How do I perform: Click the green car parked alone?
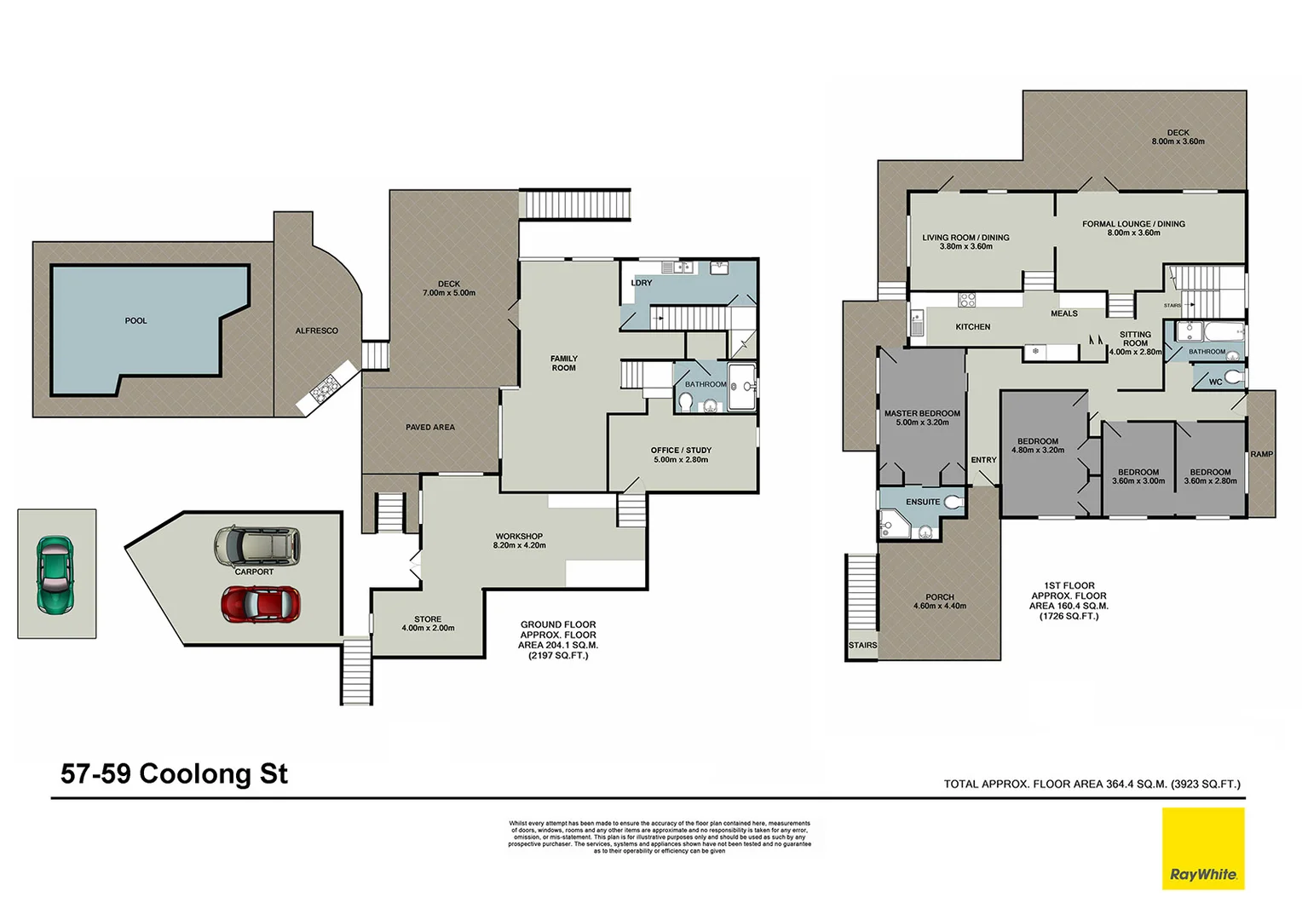[55, 575]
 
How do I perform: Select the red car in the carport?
[260, 604]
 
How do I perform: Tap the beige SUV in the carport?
[257, 546]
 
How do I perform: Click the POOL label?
[135, 321]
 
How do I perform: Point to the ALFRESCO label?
[316, 331]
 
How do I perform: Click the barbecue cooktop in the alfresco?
[325, 391]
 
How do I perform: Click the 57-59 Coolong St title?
[174, 773]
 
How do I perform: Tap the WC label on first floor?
[1215, 382]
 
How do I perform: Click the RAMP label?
[1261, 454]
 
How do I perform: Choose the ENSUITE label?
[922, 502]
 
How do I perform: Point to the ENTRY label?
[983, 460]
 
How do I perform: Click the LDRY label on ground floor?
[641, 283]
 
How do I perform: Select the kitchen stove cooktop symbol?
[967, 300]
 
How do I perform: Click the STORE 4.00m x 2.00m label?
[428, 624]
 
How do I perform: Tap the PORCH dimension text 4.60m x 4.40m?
[939, 607]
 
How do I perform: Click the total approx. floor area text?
[1092, 784]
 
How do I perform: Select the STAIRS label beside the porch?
[862, 645]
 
